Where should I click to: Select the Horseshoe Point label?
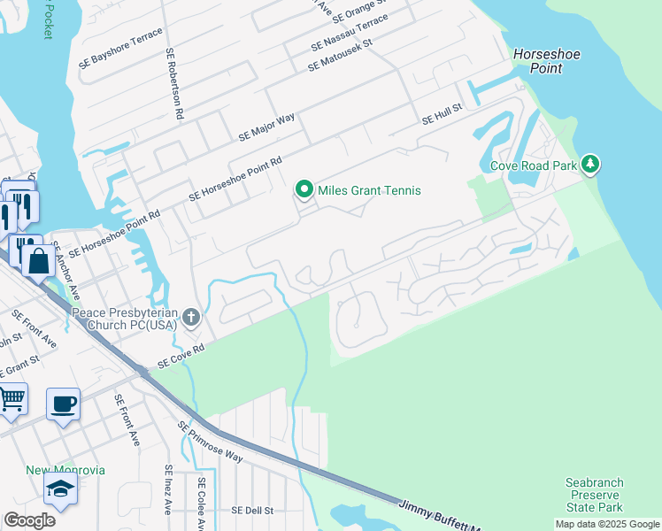[x=547, y=61]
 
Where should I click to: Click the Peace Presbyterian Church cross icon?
[x=191, y=317]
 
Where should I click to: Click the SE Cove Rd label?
[x=181, y=356]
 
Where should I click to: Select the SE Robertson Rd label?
[x=173, y=84]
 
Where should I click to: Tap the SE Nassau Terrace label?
[x=350, y=34]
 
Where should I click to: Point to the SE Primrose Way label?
[x=210, y=442]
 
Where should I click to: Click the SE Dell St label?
[x=253, y=511]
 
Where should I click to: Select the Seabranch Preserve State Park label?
[x=595, y=496]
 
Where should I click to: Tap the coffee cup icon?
[x=64, y=405]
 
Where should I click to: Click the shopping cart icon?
[x=11, y=398]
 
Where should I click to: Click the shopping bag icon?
[x=39, y=260]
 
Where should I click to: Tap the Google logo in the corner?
[x=29, y=520]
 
